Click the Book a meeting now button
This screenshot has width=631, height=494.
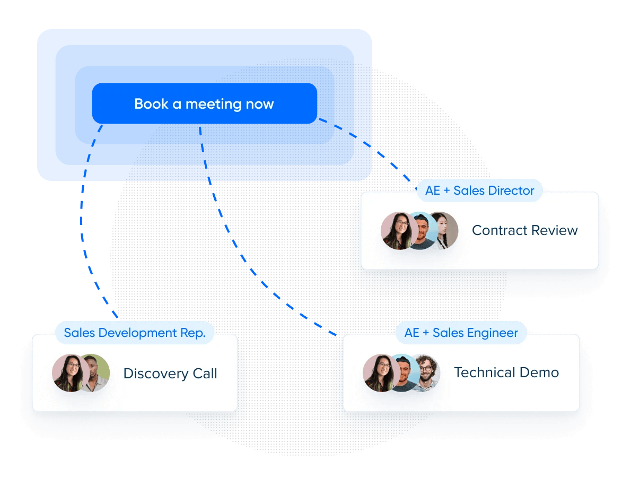click(204, 104)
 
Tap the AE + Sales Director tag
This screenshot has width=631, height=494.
click(479, 190)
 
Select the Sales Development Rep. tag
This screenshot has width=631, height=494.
click(134, 333)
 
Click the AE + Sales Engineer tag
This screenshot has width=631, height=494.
click(461, 333)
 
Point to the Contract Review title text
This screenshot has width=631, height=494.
click(524, 230)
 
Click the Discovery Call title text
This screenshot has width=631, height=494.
click(170, 374)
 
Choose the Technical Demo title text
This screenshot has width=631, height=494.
click(506, 372)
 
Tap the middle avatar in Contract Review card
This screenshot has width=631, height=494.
click(422, 231)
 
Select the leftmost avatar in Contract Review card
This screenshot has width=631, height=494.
click(398, 231)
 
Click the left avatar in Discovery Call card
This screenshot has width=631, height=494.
click(69, 373)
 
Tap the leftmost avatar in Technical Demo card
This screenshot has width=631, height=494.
click(380, 373)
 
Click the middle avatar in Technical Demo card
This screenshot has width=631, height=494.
click(404, 373)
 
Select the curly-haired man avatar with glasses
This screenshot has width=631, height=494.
click(426, 373)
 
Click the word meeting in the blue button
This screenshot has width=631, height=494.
click(206, 104)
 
